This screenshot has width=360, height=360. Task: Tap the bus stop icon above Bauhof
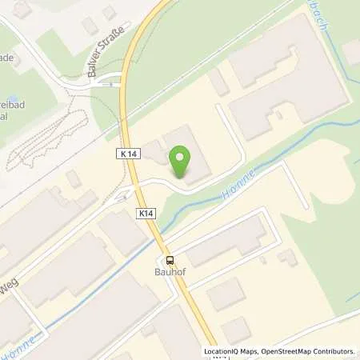[x=170, y=260]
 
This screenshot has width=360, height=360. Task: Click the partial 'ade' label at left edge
[x=6, y=58]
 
